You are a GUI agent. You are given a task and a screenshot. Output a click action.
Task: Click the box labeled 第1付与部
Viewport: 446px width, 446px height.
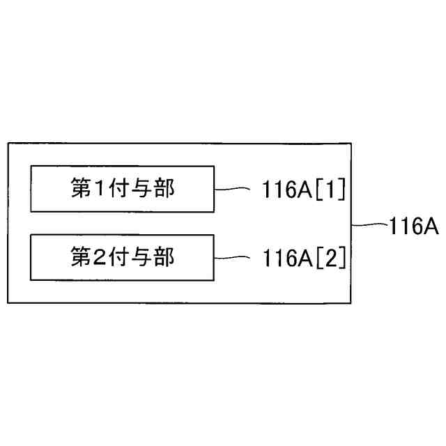pos(122,188)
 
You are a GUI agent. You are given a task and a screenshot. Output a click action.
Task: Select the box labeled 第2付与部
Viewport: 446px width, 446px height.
pos(122,258)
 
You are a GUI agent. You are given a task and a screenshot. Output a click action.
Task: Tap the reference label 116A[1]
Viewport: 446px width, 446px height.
pos(304,189)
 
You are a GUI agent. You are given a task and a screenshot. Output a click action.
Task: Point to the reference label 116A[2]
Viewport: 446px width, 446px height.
pos(304,259)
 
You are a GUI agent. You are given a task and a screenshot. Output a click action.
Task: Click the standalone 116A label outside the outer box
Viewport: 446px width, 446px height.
pos(413,226)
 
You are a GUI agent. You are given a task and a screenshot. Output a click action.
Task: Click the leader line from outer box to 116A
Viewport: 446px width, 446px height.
pos(369,225)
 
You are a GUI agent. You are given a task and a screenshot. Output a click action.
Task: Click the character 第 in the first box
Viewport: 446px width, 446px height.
pos(82,188)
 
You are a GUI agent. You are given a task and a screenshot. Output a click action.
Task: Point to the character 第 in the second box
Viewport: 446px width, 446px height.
pos(82,258)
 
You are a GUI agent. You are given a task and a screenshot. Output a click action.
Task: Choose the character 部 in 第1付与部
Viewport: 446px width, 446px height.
pos(164,188)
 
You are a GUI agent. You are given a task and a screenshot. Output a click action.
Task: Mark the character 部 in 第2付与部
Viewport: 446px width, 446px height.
pos(164,258)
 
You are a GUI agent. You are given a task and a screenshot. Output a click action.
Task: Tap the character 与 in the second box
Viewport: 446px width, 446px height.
pos(143,258)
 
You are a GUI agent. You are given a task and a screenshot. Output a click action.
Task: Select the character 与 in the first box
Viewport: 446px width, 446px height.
pos(143,188)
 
